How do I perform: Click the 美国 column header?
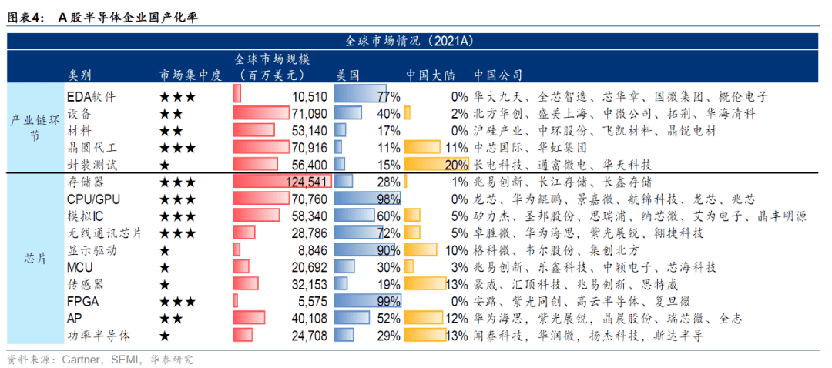click(x=348, y=75)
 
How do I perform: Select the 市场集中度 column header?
click(x=190, y=75)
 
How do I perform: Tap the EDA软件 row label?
click(x=92, y=97)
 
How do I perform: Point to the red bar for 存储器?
click(x=282, y=182)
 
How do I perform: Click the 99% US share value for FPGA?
click(x=389, y=301)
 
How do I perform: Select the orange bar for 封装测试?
click(x=435, y=165)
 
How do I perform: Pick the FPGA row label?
click(x=83, y=301)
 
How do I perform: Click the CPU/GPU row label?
click(x=94, y=199)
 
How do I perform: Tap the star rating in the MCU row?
click(x=164, y=267)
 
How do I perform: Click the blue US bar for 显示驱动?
click(x=365, y=250)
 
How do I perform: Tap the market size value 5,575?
click(x=310, y=301)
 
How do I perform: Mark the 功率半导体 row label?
click(x=99, y=336)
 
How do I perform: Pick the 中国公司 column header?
click(x=498, y=75)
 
